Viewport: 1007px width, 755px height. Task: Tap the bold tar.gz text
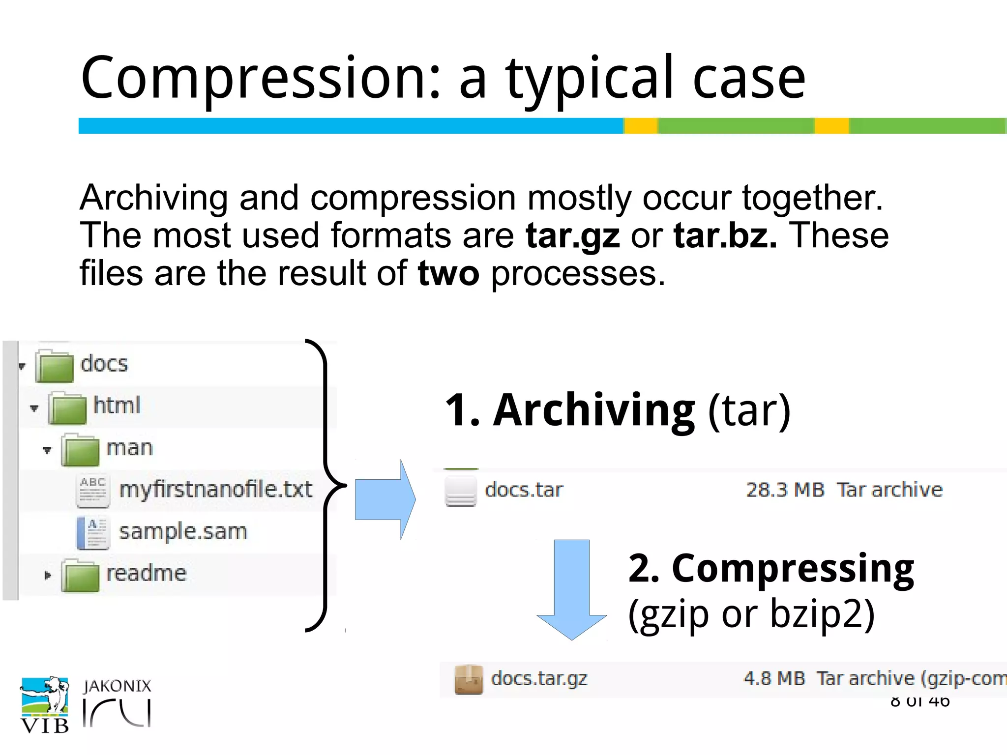coord(572,236)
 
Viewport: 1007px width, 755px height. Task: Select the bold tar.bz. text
coord(725,236)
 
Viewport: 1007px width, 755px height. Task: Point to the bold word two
coord(448,274)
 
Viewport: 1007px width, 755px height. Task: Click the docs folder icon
coord(55,366)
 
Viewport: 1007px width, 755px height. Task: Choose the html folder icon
coord(67,408)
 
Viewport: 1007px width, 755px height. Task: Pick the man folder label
coord(130,448)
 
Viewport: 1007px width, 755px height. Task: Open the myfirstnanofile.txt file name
coord(216,490)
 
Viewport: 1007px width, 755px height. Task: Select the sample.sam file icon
coord(92,532)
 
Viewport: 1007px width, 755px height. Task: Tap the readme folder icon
coord(80,576)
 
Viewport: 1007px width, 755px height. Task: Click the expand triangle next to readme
coord(47,575)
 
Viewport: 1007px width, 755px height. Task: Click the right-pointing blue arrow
coord(385,499)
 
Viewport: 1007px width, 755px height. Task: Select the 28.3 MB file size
coord(785,490)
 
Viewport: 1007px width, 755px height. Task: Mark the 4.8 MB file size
coord(774,679)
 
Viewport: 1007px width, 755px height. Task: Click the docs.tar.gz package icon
coord(468,680)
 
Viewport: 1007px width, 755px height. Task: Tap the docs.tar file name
coord(524,490)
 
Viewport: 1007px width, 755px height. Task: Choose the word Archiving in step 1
coord(593,411)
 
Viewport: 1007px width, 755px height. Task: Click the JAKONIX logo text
coord(117,686)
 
